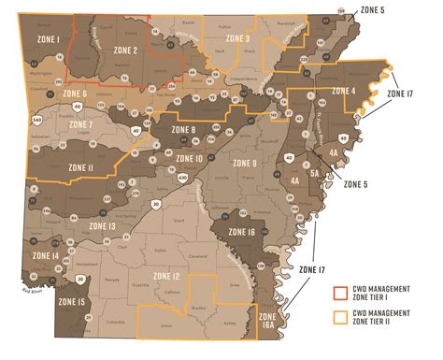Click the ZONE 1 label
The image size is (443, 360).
click(49, 39)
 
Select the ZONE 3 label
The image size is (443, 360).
click(235, 39)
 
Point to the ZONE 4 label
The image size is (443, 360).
click(340, 91)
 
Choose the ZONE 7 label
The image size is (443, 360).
click(79, 124)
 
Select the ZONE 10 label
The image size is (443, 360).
click(188, 159)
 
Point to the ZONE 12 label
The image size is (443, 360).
click(167, 277)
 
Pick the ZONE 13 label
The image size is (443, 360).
click(100, 225)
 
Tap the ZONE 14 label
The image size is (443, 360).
click(45, 255)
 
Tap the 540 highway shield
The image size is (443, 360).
click(36, 120)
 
